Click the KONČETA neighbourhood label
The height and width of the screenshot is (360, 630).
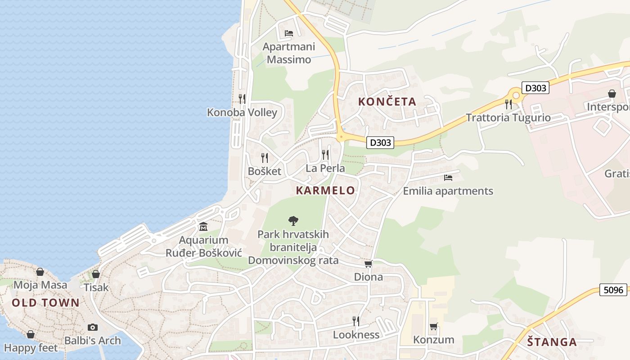[x=387, y=102]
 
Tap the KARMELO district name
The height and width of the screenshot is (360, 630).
[x=325, y=190]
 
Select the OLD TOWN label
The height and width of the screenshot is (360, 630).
[x=45, y=303]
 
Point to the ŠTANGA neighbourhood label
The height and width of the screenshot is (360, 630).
[x=552, y=342]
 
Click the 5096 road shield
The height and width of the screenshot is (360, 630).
[x=613, y=290]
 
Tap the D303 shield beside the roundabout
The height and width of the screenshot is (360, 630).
[x=535, y=88]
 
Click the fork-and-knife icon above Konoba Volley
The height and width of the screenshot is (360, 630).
[x=242, y=99]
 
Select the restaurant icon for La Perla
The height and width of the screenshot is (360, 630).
[x=325, y=155]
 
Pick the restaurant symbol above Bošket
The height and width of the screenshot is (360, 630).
[x=265, y=157]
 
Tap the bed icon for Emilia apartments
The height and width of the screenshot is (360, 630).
[x=448, y=177]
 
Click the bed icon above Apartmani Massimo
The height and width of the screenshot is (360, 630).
[x=289, y=33]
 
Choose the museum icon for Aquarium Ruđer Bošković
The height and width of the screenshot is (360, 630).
[x=203, y=226]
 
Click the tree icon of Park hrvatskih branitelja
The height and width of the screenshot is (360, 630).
[x=293, y=220]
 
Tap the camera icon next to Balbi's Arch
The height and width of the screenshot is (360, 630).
[x=93, y=327]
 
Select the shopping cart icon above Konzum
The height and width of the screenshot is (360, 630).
[x=433, y=326]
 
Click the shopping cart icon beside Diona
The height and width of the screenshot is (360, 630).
[x=368, y=264]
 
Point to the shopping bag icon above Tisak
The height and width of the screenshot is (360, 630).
[x=96, y=274]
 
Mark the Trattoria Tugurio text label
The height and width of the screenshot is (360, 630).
[x=508, y=118]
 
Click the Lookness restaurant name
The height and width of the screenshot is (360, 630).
[x=356, y=335]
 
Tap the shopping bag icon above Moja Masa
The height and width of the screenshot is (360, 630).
[x=40, y=272]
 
